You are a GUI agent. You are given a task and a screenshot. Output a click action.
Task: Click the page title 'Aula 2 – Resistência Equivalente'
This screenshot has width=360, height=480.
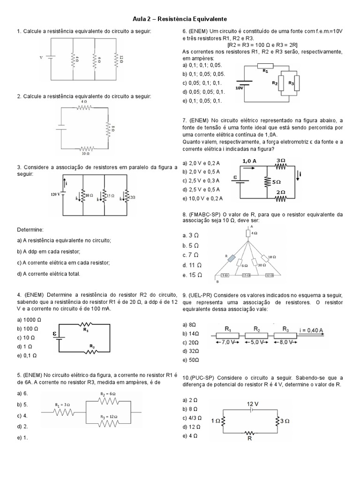coord(180,18)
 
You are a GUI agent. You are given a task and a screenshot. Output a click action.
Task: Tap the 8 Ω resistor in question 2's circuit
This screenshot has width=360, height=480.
coord(107,128)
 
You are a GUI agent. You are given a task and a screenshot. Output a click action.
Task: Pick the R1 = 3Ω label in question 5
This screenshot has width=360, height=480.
coord(62,404)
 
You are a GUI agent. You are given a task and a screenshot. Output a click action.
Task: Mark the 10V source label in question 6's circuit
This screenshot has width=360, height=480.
coord(239,88)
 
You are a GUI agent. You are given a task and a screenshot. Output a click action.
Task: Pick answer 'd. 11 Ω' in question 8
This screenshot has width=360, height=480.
coord(191,265)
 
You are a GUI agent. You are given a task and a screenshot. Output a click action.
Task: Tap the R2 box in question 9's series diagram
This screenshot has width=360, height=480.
coord(256,335)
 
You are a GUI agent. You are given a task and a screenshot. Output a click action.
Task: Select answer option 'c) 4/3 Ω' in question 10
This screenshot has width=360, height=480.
coord(193,417)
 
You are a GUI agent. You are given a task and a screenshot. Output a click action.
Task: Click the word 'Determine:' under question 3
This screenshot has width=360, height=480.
coord(30,230)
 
